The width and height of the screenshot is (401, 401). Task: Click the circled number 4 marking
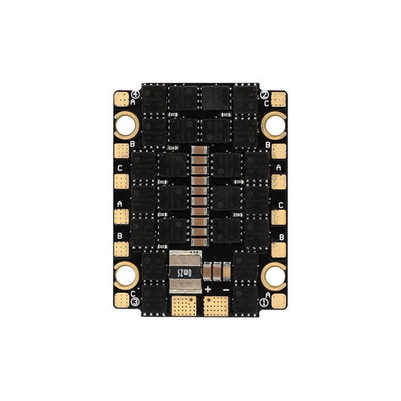coord(263,301)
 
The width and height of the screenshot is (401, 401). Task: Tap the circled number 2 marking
coord(264,95)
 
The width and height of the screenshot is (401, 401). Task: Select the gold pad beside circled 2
coord(279,99)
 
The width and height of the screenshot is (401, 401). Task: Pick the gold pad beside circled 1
coord(121,99)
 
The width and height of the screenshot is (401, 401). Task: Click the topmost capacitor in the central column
coord(200,153)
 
